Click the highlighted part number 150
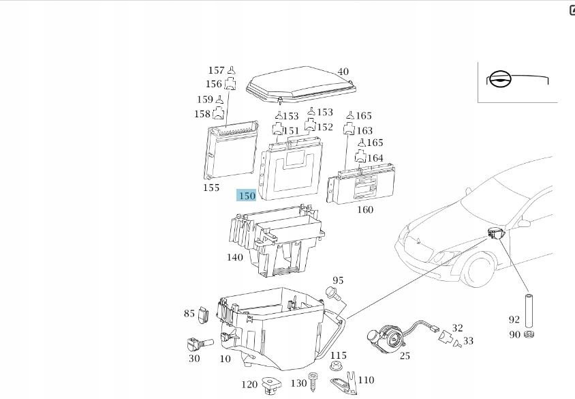[246, 196]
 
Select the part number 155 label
[211, 188]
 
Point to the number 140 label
[235, 257]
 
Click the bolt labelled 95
[332, 293]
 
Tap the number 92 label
[514, 319]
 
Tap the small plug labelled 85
[203, 314]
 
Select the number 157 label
[216, 70]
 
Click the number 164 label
[375, 158]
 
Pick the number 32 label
[457, 328]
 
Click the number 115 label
[339, 355]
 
